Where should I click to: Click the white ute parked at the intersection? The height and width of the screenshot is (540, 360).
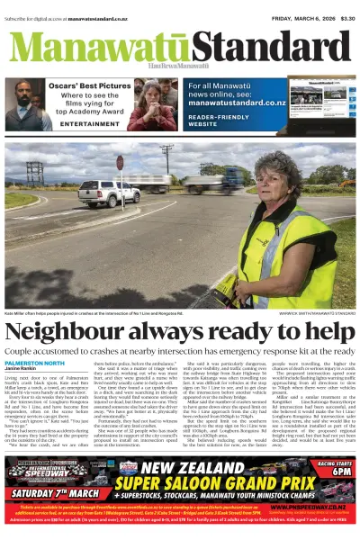point(109,193)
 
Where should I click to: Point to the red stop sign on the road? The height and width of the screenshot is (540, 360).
point(120,165)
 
